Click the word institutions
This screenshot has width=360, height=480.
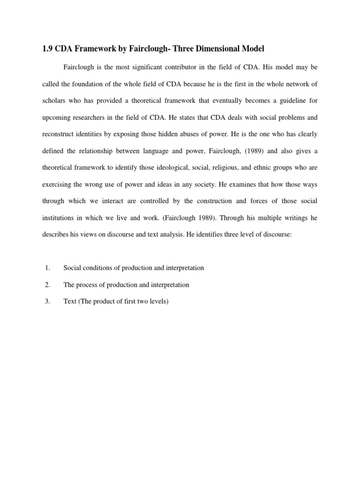59,217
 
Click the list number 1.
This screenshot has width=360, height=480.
47,268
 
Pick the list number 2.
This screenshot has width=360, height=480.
47,285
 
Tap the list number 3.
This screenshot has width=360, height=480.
47,301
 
